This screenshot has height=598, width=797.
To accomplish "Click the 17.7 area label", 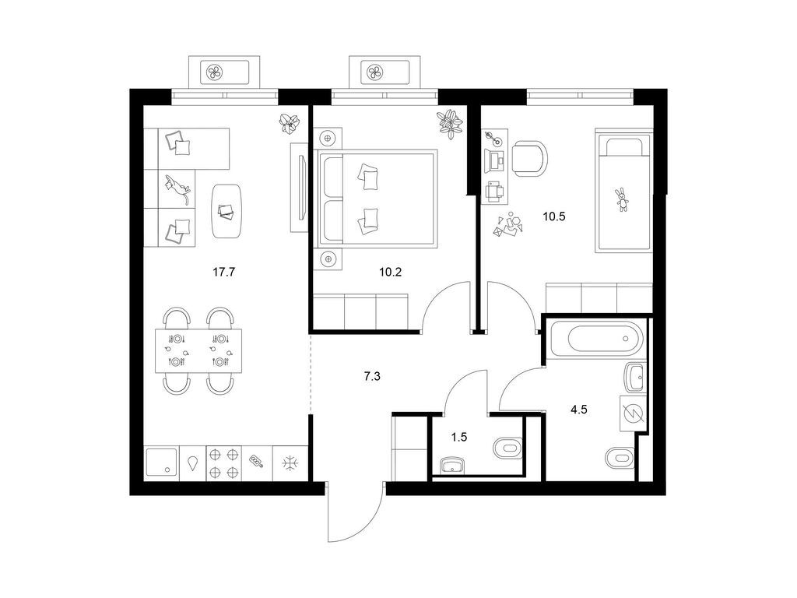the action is [x=223, y=272].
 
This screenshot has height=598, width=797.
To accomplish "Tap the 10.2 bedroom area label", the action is [x=391, y=272].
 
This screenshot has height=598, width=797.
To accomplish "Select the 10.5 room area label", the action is [x=554, y=216].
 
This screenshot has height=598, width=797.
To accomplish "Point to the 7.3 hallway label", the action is [x=372, y=377].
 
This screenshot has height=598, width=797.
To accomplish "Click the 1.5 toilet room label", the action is [x=459, y=437].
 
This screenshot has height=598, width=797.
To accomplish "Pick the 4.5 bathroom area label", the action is [x=579, y=410].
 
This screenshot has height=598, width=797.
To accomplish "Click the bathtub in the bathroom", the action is [x=597, y=339].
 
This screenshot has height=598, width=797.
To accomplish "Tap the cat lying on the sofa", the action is [x=178, y=188].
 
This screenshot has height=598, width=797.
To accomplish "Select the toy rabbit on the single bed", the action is [x=621, y=199].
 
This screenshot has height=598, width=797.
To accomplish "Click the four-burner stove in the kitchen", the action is [x=223, y=463].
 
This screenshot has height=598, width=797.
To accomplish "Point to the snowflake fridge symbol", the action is [x=291, y=463].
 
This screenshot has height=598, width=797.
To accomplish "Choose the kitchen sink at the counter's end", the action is [x=161, y=463].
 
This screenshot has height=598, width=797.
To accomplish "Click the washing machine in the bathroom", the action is [x=633, y=414].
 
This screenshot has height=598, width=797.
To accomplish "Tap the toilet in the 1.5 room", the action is [x=508, y=448].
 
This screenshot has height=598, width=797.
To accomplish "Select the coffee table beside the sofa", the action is [x=226, y=210].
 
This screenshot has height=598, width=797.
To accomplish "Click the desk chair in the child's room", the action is [x=530, y=158].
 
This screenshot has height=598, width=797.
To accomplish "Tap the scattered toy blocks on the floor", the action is [x=508, y=223].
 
